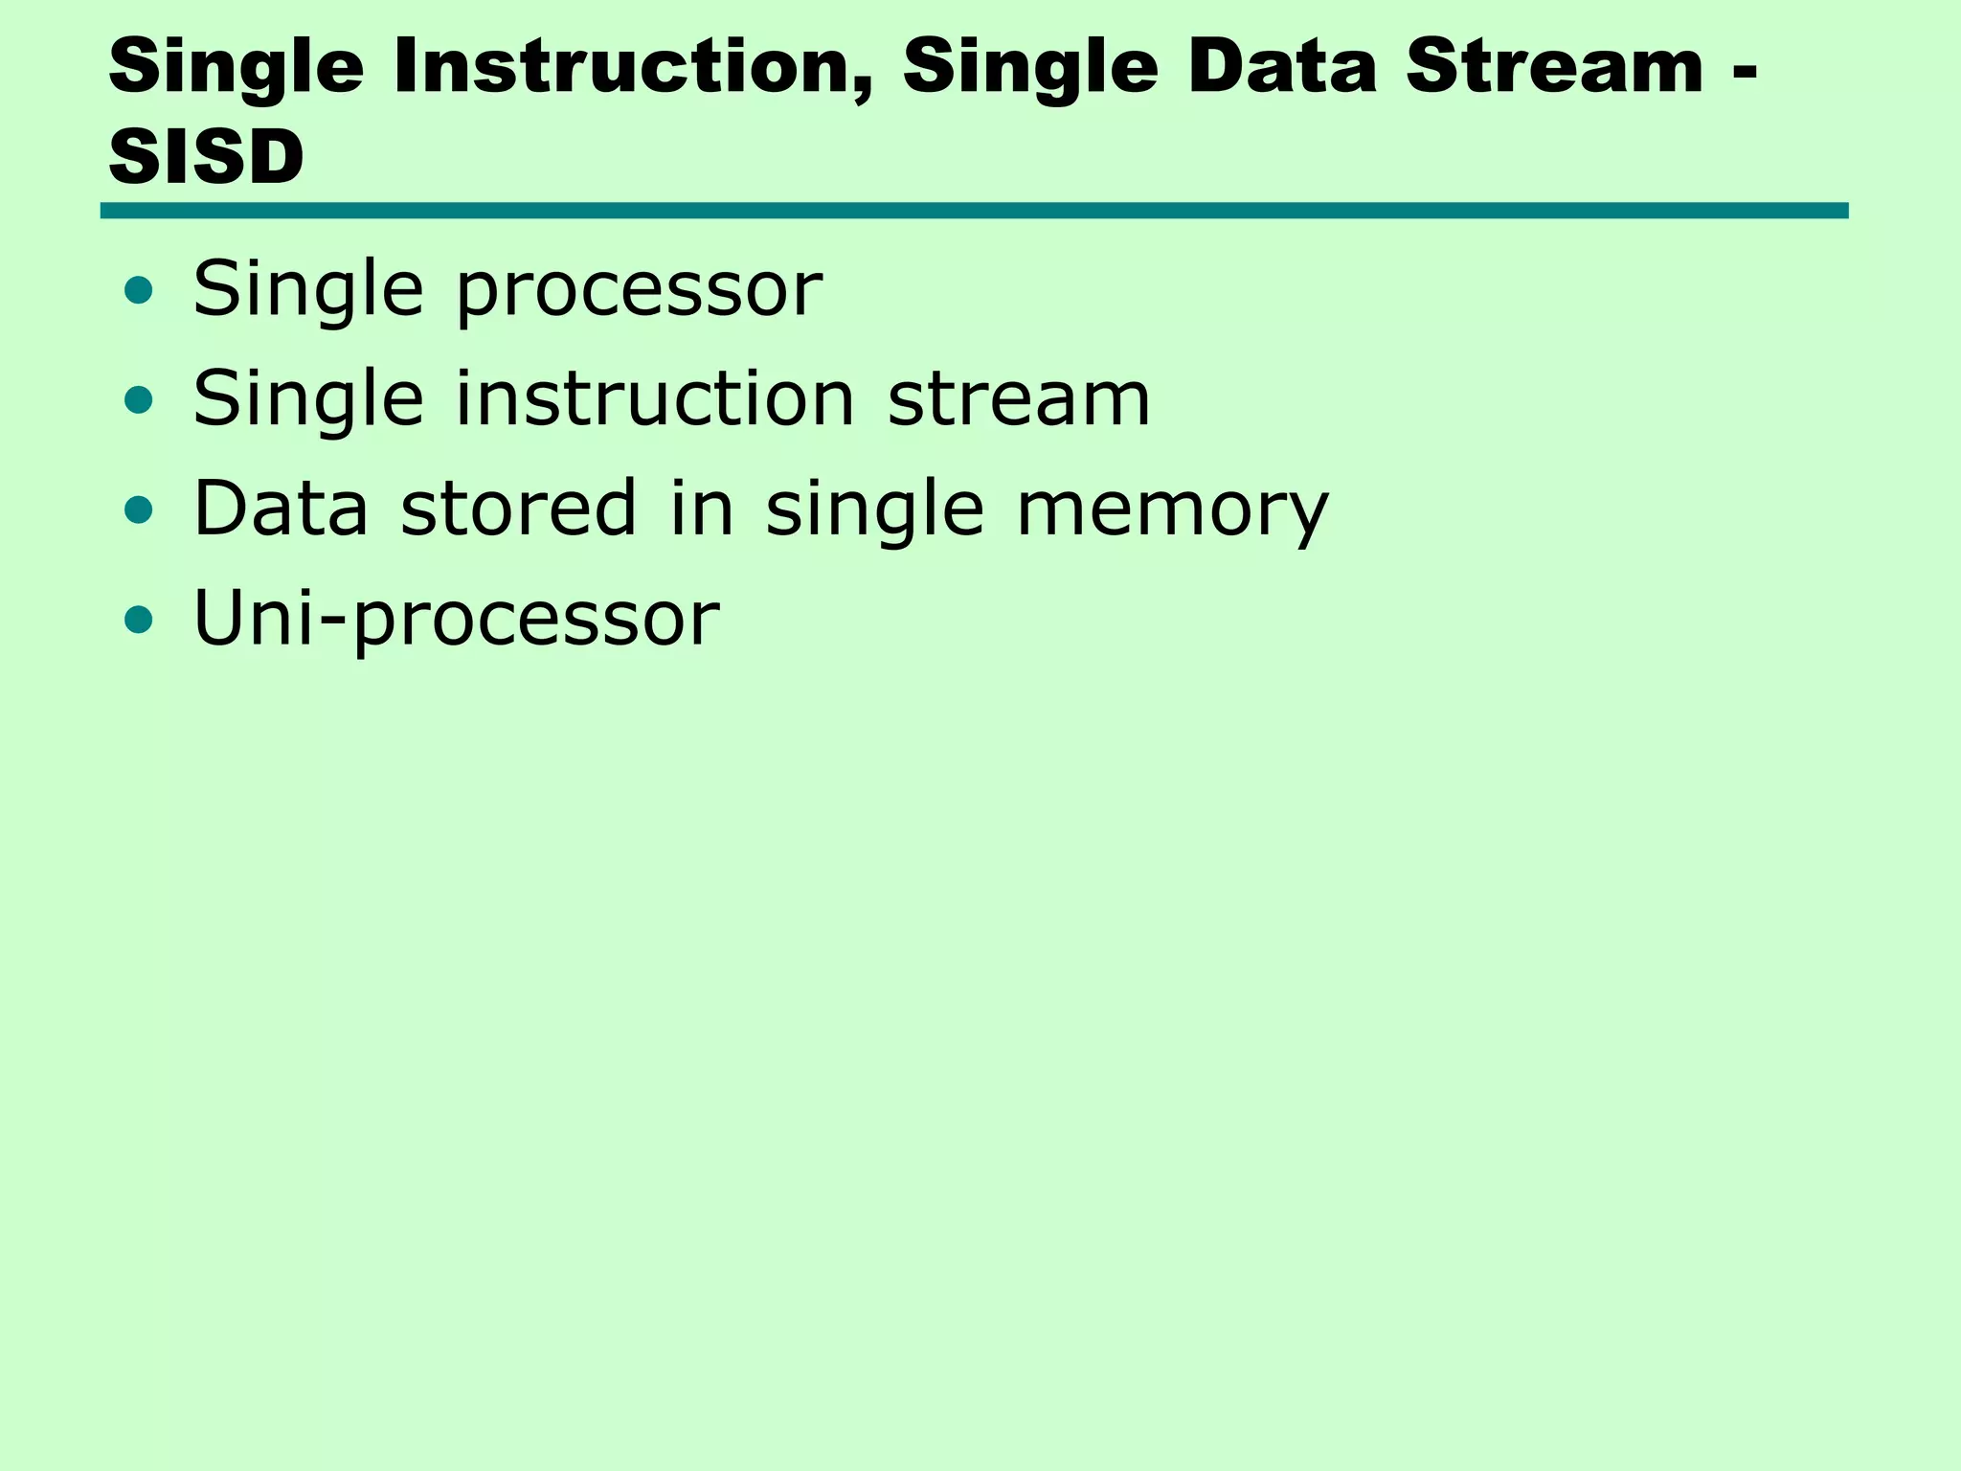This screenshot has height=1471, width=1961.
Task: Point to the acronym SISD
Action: (x=206, y=157)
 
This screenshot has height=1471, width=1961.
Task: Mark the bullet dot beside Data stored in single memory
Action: (x=139, y=509)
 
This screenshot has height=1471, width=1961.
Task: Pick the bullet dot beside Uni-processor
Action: (x=139, y=620)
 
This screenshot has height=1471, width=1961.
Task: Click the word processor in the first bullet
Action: (x=639, y=291)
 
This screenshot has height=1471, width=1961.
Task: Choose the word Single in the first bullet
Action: (x=307, y=289)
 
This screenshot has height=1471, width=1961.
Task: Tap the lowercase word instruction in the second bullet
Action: (x=654, y=398)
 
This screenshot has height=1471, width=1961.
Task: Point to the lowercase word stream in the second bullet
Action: (x=1019, y=398)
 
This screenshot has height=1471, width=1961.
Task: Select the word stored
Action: (x=518, y=508)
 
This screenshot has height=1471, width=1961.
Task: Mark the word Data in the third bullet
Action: (x=281, y=508)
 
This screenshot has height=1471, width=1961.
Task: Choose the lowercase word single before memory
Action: (x=874, y=509)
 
